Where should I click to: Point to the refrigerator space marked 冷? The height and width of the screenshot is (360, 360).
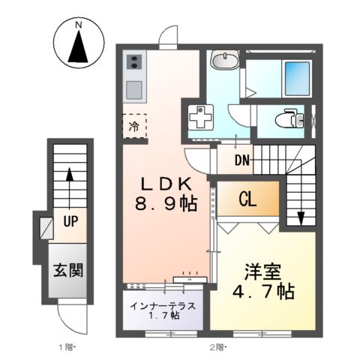pyautogui.click(x=133, y=124)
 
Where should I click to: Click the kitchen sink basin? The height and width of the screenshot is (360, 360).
pyautogui.click(x=135, y=89)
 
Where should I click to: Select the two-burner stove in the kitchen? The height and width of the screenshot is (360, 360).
pyautogui.click(x=135, y=63)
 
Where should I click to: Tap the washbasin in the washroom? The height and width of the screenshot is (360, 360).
pyautogui.click(x=223, y=61)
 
